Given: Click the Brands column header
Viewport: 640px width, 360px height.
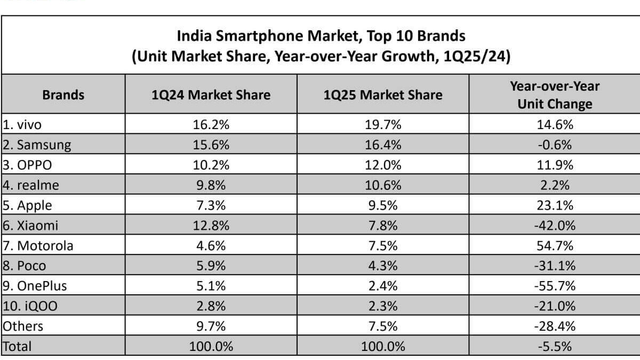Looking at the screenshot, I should click(63, 95).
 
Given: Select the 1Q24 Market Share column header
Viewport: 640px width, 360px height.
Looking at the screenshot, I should click(211, 95).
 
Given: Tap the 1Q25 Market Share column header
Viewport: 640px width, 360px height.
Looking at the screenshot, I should click(383, 95).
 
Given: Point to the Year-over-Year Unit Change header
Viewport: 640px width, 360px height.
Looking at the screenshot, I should click(555, 95).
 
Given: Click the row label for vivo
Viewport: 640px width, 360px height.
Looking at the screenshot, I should click(22, 125).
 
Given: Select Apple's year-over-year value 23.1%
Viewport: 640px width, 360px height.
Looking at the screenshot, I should click(555, 205).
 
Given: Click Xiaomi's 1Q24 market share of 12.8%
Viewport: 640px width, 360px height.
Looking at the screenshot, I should click(211, 225).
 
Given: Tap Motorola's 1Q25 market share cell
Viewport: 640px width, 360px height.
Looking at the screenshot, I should click(383, 245).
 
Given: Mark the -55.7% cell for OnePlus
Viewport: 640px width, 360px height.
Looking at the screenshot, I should click(555, 286).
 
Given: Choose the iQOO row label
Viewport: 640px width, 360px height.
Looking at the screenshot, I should click(31, 306).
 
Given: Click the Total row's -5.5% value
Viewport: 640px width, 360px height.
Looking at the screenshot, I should click(555, 346).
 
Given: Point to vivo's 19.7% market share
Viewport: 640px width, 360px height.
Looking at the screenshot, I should click(383, 125).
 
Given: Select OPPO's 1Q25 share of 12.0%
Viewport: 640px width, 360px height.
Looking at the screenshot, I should click(383, 165).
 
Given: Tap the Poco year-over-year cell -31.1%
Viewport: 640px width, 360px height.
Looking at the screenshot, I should click(555, 266).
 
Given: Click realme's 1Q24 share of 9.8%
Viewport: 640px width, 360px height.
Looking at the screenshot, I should click(211, 185).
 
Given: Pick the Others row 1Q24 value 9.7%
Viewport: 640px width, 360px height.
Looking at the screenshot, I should click(211, 326).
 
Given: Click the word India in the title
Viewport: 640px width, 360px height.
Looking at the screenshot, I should click(194, 36).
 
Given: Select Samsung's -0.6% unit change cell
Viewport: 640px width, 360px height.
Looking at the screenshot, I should click(555, 145).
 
